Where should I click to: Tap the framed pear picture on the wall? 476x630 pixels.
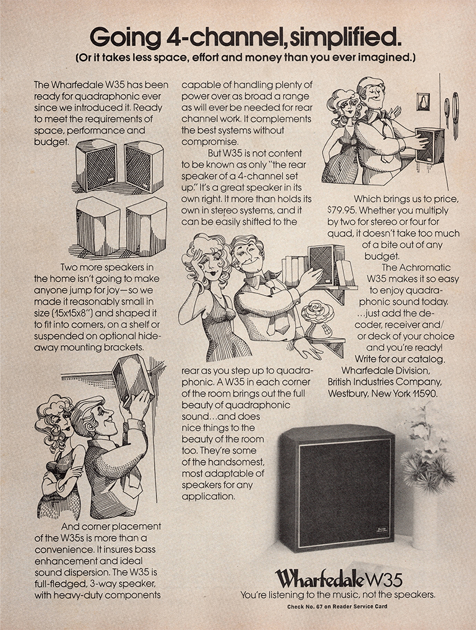(x=423, y=102)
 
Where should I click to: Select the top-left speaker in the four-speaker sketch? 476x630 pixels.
(x=96, y=165)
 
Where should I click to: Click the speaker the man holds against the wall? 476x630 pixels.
(x=430, y=145)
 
